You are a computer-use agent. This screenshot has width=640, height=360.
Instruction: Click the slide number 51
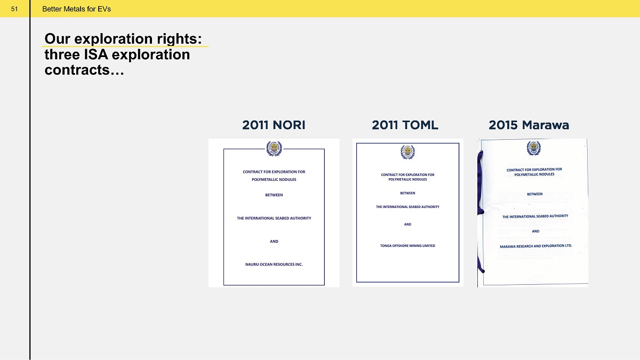click(14, 9)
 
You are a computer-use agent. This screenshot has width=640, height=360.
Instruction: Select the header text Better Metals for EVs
click(76, 9)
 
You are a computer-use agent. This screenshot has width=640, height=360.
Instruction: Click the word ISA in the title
click(96, 54)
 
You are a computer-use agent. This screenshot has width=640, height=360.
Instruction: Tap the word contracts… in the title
click(84, 70)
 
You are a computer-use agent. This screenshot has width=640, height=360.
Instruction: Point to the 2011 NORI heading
click(274, 125)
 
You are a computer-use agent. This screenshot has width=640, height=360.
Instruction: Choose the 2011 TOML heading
click(405, 125)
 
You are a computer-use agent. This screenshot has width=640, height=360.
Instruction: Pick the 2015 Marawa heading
click(529, 125)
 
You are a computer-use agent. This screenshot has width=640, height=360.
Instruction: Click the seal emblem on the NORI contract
click(274, 149)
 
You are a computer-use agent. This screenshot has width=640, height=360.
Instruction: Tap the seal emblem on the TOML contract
click(407, 152)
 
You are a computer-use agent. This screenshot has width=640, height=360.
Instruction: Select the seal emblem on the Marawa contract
click(534, 148)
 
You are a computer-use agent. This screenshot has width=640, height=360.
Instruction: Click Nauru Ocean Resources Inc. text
click(274, 265)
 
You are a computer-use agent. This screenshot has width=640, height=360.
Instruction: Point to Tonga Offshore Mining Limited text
click(407, 246)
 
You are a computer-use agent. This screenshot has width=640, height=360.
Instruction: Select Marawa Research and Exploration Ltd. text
click(535, 246)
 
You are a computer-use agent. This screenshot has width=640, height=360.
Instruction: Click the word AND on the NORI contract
click(274, 242)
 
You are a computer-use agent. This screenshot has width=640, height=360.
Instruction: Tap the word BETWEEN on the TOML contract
click(407, 193)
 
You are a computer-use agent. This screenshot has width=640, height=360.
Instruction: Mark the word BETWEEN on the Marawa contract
click(534, 194)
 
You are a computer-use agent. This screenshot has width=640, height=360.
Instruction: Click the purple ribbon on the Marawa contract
click(479, 211)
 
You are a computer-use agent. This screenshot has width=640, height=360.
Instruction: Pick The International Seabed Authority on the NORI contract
click(274, 218)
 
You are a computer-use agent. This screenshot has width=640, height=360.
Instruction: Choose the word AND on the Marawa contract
click(535, 231)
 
